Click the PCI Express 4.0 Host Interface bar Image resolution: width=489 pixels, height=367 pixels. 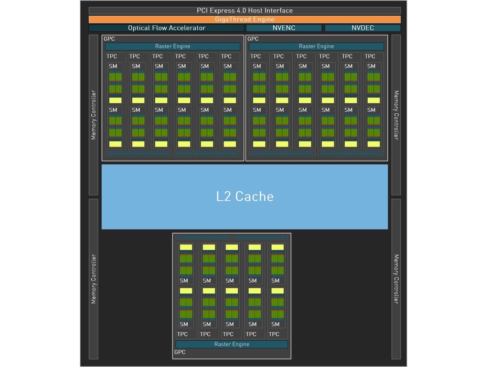point(244,11)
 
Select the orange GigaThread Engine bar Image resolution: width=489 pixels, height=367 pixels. point(244,20)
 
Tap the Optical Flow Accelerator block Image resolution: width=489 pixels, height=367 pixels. point(167,28)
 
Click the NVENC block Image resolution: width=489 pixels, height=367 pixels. point(284,28)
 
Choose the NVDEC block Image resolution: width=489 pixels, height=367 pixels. point(362,28)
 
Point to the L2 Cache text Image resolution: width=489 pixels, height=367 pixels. point(244,196)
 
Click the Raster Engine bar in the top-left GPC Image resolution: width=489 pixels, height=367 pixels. point(172,46)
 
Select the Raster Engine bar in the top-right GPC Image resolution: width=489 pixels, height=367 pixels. point(316,46)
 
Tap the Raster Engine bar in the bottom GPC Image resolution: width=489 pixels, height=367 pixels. point(232,344)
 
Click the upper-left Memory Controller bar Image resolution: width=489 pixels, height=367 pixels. point(94,115)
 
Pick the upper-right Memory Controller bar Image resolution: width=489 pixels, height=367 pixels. point(396,115)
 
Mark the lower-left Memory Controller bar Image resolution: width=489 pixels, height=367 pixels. point(94,279)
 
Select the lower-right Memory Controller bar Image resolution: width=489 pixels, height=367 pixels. point(396,279)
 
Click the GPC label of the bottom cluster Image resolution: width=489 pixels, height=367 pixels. point(180,353)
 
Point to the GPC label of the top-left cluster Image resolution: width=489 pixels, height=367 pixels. point(109,39)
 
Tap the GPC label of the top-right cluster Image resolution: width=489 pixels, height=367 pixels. point(253,39)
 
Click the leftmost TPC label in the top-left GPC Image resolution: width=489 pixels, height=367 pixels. point(112,56)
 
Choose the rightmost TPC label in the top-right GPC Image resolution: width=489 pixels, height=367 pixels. point(370,56)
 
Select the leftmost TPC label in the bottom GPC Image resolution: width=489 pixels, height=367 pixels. point(182,334)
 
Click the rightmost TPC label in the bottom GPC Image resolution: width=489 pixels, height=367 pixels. point(274,334)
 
